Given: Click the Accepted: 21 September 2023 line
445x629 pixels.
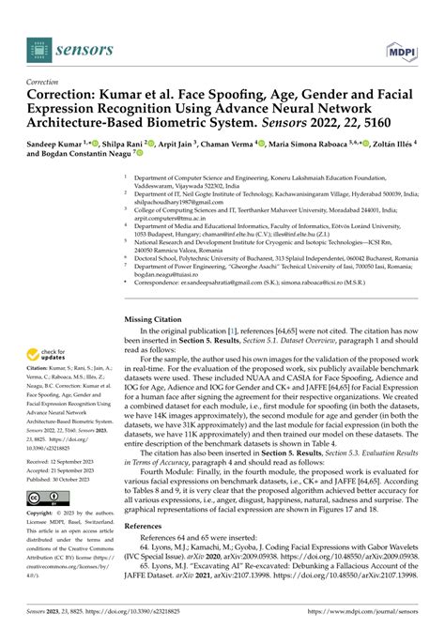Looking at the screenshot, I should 65,471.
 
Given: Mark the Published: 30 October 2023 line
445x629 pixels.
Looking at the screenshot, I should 63,480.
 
